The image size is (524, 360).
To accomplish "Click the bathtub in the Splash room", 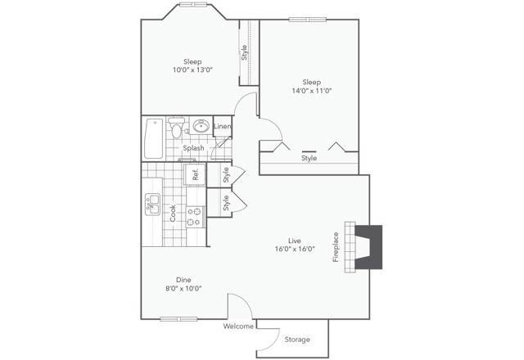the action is tap(154, 138).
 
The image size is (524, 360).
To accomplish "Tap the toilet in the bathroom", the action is tap(176, 128).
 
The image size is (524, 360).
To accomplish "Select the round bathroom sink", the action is tap(201, 126).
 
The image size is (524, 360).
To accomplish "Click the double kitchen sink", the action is tap(152, 205).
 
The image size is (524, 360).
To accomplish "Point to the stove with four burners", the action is tap(195, 217).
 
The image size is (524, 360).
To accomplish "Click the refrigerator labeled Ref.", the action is tap(195, 174).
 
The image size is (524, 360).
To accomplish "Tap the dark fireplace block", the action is tap(368, 247).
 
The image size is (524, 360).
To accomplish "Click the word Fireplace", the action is tap(336, 247).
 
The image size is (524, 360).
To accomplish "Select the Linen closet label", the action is tap(222, 126).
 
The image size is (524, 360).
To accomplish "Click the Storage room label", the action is tap(297, 340).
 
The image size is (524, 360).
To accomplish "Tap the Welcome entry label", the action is tap(238, 326).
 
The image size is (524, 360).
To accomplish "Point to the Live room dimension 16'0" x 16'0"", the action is tap(295, 249).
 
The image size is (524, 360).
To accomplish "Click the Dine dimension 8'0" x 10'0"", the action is tap(183, 288).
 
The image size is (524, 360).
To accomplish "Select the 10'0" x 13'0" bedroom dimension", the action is tap(192, 70).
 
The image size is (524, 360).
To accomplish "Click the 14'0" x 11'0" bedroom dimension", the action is tap(311, 91).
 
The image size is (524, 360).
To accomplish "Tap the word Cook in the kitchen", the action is tap(173, 213).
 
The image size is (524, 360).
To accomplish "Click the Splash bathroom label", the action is tap(193, 148).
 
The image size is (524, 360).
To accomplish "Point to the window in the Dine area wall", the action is tap(178, 319).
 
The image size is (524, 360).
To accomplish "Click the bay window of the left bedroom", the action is tap(193, 5).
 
